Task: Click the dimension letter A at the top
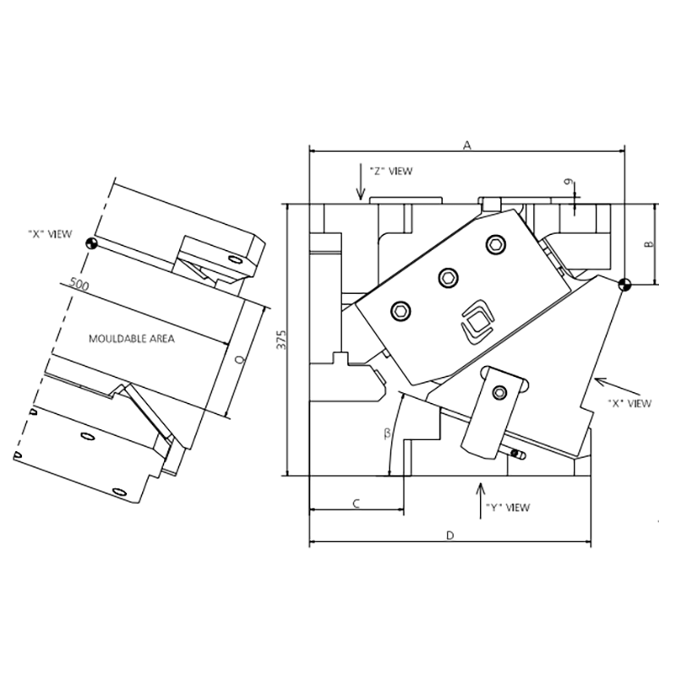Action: click(467, 145)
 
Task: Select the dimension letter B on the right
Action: click(648, 244)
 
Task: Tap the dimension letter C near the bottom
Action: click(356, 503)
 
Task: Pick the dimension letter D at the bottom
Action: click(450, 536)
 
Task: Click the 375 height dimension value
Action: click(281, 340)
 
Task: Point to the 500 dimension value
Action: click(79, 285)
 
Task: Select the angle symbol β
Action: click(387, 433)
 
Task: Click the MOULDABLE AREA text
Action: click(132, 339)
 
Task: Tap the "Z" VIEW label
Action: click(391, 172)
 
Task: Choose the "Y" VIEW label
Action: click(508, 508)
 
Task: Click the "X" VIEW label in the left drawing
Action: click(50, 234)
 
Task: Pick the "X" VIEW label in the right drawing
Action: click(630, 404)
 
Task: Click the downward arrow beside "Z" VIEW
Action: click(361, 182)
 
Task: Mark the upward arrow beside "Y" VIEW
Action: click(481, 501)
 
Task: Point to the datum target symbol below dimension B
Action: click(624, 285)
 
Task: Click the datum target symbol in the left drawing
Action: click(92, 243)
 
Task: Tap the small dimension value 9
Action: click(571, 183)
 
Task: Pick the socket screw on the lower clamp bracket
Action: click(499, 392)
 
